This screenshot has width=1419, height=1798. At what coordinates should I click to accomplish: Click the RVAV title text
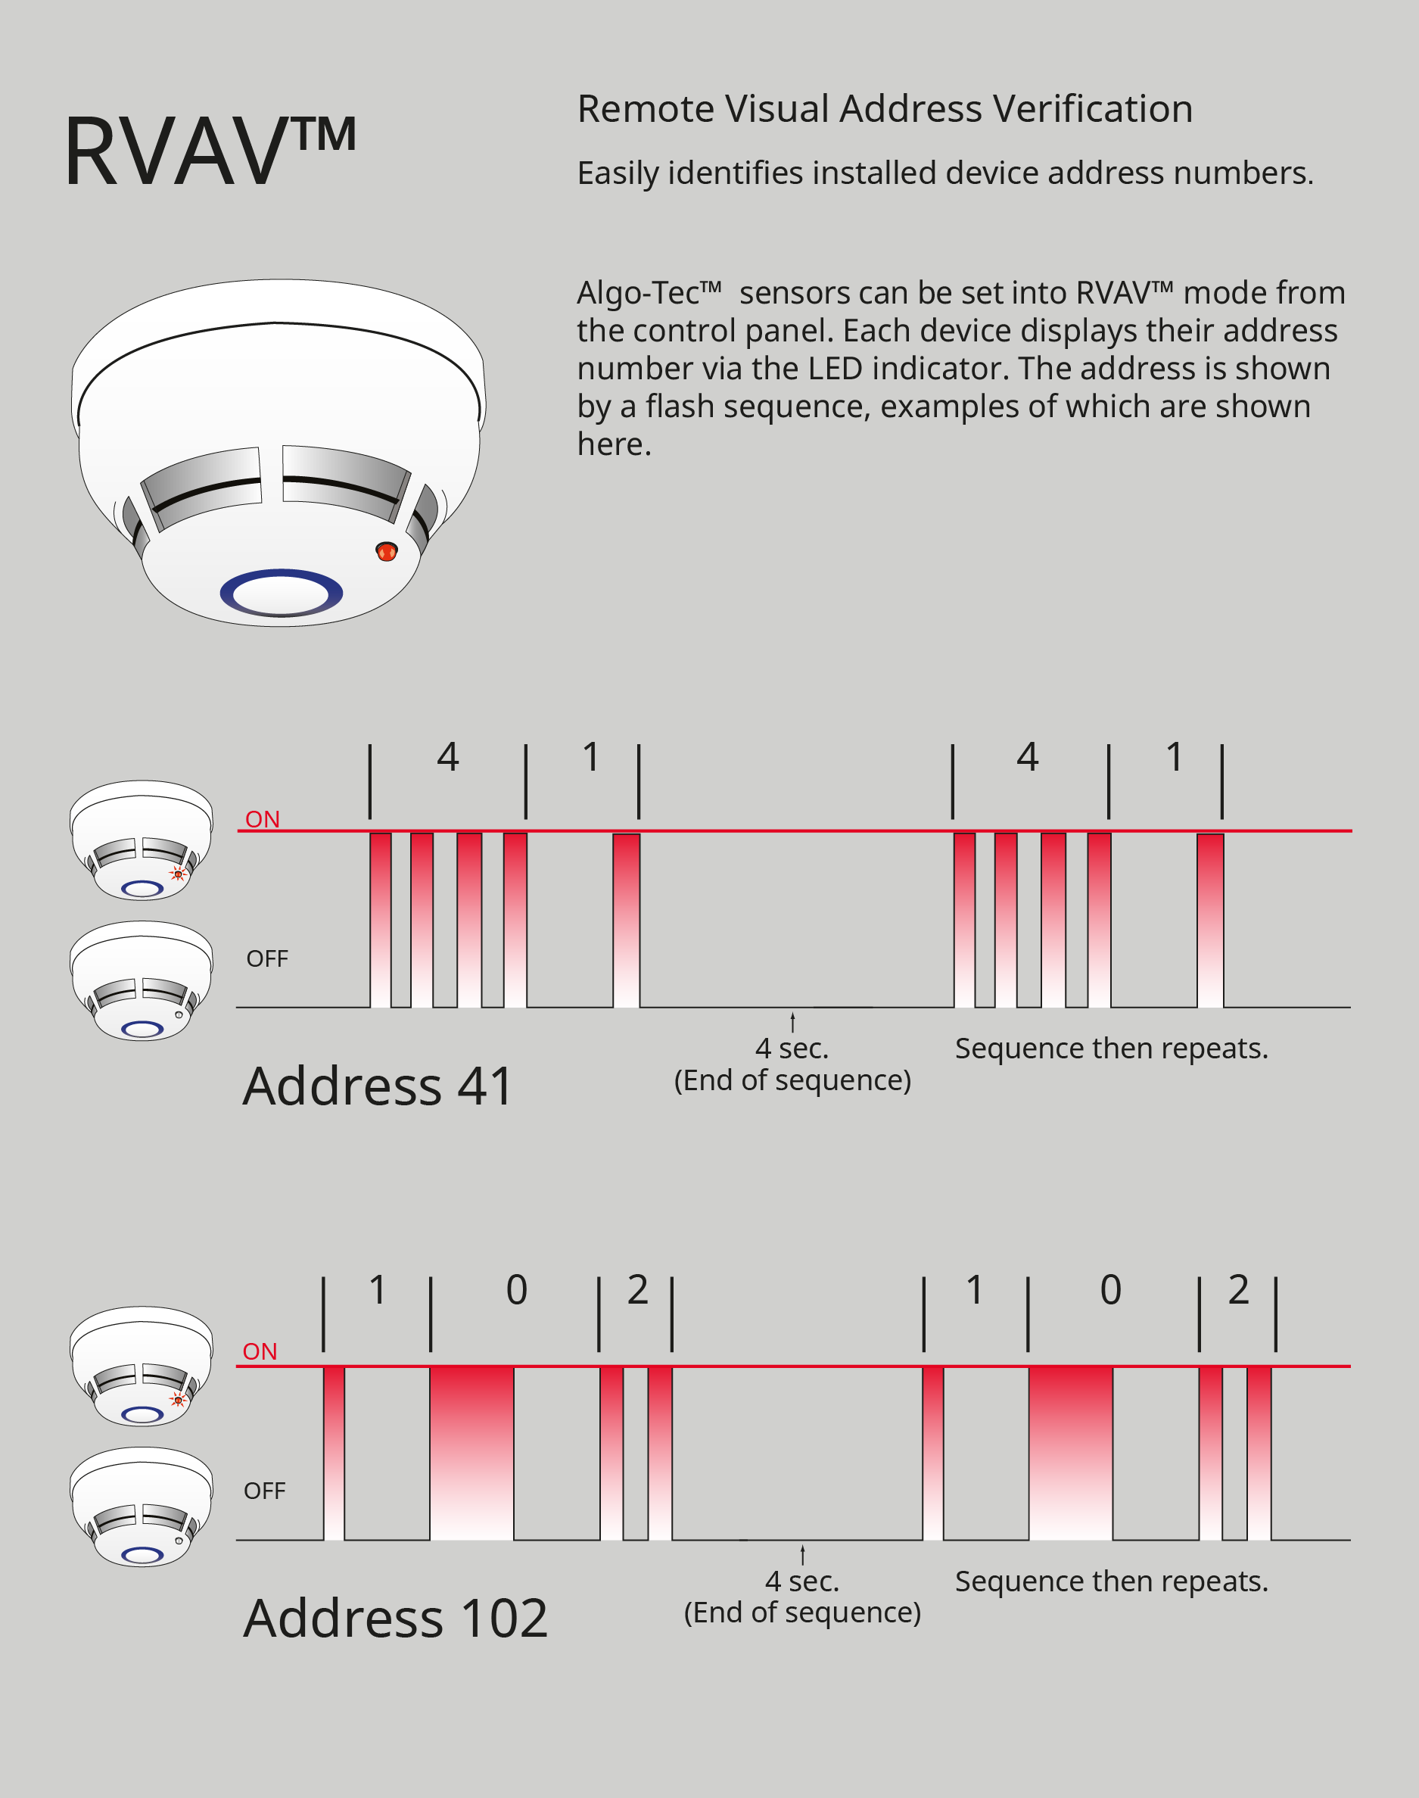point(210,151)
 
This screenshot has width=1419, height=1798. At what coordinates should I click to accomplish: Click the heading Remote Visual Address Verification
point(884,109)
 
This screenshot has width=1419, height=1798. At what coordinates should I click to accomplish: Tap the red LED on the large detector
point(386,551)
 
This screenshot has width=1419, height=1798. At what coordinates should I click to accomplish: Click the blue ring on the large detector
point(281,593)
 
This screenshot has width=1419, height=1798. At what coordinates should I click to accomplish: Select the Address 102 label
point(396,1618)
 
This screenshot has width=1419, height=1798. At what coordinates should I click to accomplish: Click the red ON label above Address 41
point(263,819)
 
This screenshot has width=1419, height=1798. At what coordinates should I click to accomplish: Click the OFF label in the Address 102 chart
point(264,1491)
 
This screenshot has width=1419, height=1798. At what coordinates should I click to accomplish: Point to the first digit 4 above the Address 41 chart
point(448,757)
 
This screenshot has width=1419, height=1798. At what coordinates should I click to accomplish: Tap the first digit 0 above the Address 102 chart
point(517,1289)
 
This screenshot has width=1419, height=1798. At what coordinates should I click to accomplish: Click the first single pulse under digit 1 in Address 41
point(627,920)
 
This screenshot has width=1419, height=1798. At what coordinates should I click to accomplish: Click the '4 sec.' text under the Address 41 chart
point(792,1049)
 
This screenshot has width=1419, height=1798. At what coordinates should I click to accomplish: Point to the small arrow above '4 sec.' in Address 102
point(802,1554)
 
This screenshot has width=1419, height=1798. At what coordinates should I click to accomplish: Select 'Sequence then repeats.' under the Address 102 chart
point(1111,1581)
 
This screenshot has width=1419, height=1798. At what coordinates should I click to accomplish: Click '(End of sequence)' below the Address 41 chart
point(792,1080)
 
